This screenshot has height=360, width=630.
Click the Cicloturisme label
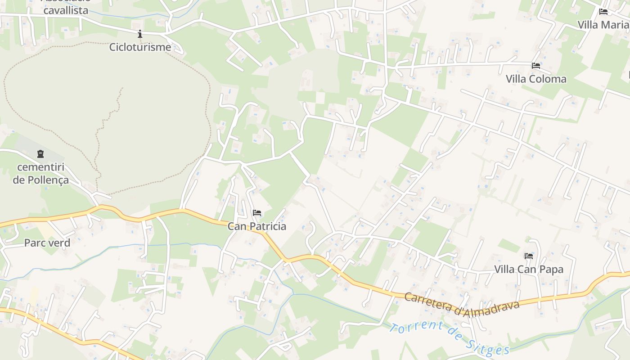point(140,47)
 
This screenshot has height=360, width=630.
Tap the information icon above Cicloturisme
point(140,34)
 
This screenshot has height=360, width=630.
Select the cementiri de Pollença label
point(41,173)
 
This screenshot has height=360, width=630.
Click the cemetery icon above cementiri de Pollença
point(41,154)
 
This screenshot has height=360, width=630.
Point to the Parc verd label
point(47,243)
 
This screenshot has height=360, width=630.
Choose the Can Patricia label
point(256,226)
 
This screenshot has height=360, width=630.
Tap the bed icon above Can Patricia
point(257,213)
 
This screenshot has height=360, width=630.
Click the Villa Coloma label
point(536,79)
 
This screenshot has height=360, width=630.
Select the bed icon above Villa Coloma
point(536,66)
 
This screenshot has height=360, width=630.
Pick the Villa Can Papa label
point(529,269)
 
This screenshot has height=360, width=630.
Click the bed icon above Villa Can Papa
point(529,256)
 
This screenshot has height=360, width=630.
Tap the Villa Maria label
point(603,25)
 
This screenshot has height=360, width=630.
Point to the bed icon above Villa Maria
point(603,12)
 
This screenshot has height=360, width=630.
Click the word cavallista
point(66,10)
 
